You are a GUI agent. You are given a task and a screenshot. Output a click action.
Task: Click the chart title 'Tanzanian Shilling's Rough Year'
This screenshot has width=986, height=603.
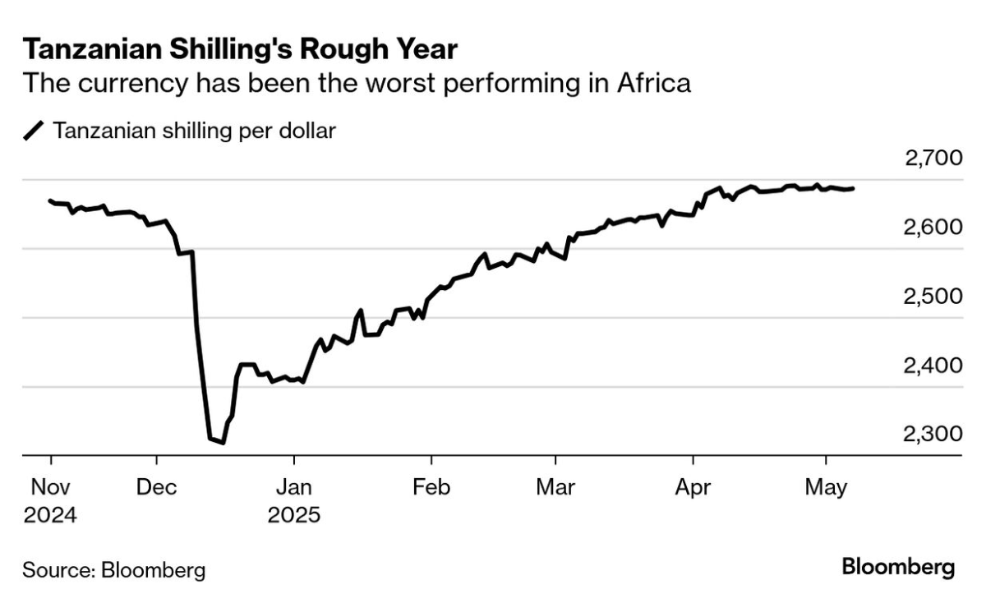(240, 48)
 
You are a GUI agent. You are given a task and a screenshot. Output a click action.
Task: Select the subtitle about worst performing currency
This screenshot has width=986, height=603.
(356, 83)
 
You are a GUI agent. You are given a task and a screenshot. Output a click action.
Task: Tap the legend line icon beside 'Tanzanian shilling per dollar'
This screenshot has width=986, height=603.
(34, 131)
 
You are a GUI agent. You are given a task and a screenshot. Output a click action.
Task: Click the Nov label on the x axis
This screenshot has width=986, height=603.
(51, 487)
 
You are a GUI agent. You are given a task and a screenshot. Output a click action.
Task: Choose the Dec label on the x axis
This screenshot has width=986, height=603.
(156, 487)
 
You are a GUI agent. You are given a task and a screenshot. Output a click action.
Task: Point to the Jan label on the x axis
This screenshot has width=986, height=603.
(293, 487)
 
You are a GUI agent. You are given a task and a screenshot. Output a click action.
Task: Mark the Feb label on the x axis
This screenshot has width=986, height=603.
(431, 487)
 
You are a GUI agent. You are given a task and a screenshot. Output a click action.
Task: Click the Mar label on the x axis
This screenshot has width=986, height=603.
(555, 487)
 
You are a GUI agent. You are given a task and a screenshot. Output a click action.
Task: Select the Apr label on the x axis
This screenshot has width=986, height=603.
(693, 487)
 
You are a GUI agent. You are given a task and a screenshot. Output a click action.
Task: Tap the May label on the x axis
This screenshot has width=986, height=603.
(826, 487)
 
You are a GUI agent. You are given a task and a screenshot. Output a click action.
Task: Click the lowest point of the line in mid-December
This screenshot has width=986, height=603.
(223, 443)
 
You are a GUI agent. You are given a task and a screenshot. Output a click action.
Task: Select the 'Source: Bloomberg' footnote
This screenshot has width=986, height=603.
(114, 569)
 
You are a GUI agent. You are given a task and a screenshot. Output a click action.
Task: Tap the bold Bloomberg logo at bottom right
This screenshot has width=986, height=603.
(898, 567)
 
